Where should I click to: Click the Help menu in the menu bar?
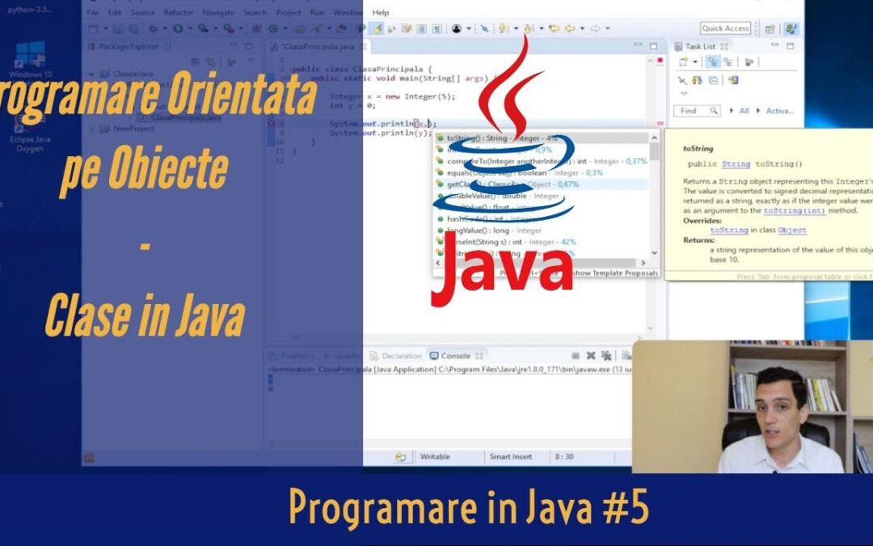(381, 13)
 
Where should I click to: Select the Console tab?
(455, 356)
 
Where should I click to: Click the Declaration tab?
(402, 356)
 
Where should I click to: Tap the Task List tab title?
(700, 46)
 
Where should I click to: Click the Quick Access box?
(725, 28)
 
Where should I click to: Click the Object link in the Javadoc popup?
(791, 231)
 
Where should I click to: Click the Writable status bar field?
(435, 457)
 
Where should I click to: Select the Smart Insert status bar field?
(511, 457)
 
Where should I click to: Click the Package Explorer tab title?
(129, 47)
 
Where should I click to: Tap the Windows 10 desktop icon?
(30, 61)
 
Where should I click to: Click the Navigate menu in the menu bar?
(218, 13)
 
